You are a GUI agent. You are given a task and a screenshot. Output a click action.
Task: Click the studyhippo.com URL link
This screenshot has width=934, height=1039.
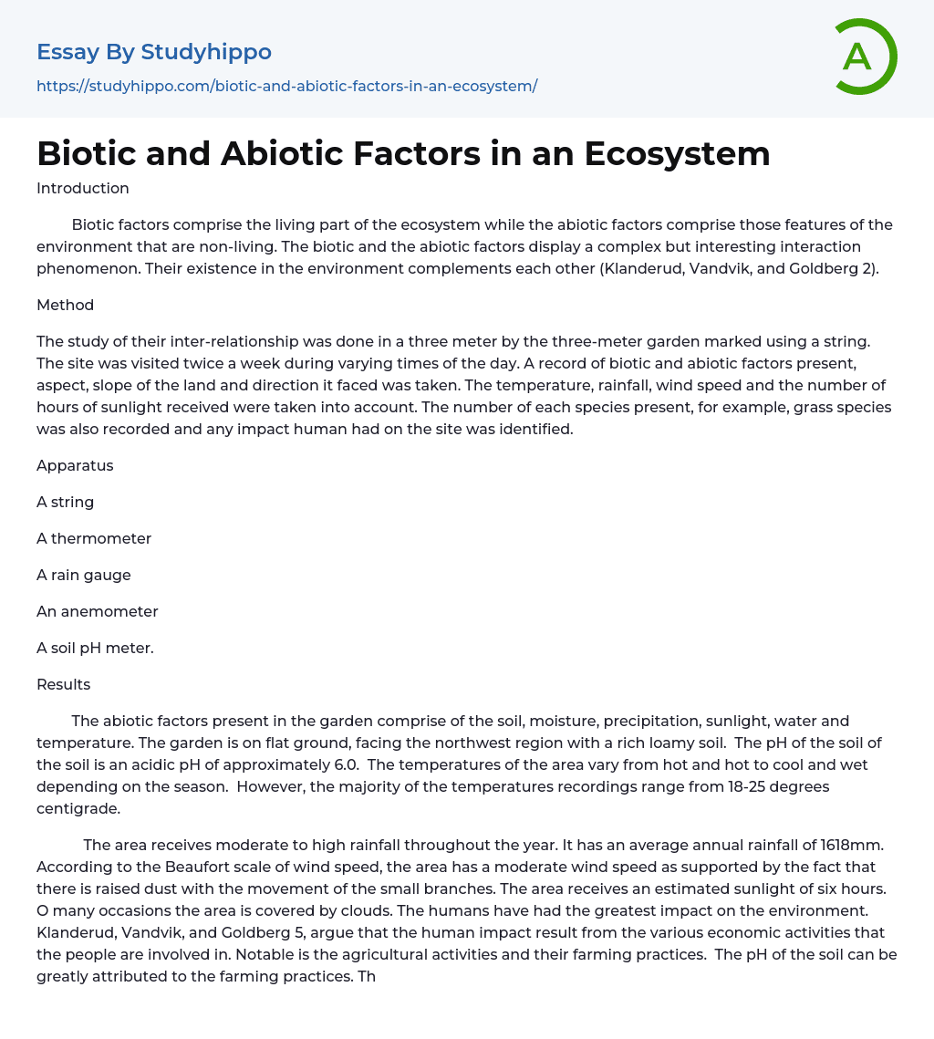(x=286, y=86)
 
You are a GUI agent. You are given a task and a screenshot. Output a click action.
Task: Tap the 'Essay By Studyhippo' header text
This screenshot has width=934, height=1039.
(x=154, y=52)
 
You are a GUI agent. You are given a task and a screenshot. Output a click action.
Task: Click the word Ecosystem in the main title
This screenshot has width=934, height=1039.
(x=677, y=154)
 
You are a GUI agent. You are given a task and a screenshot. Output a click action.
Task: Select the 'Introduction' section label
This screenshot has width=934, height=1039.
(x=82, y=189)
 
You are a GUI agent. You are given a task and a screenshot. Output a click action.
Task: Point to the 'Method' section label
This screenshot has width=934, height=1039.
(x=65, y=305)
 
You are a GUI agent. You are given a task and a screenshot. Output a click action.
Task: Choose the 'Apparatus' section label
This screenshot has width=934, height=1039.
(x=75, y=465)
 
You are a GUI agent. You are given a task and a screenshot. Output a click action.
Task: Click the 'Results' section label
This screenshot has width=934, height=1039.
(x=63, y=684)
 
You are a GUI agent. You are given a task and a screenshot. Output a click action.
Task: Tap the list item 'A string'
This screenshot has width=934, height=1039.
(x=65, y=502)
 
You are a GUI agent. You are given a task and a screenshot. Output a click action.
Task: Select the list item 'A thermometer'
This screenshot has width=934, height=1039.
(x=94, y=538)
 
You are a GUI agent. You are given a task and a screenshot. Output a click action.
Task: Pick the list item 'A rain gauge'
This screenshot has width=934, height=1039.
(x=84, y=575)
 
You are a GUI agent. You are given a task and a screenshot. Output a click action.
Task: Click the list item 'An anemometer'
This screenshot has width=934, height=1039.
(x=98, y=611)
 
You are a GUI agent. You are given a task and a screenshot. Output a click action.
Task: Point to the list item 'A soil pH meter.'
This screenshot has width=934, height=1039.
(x=95, y=648)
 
